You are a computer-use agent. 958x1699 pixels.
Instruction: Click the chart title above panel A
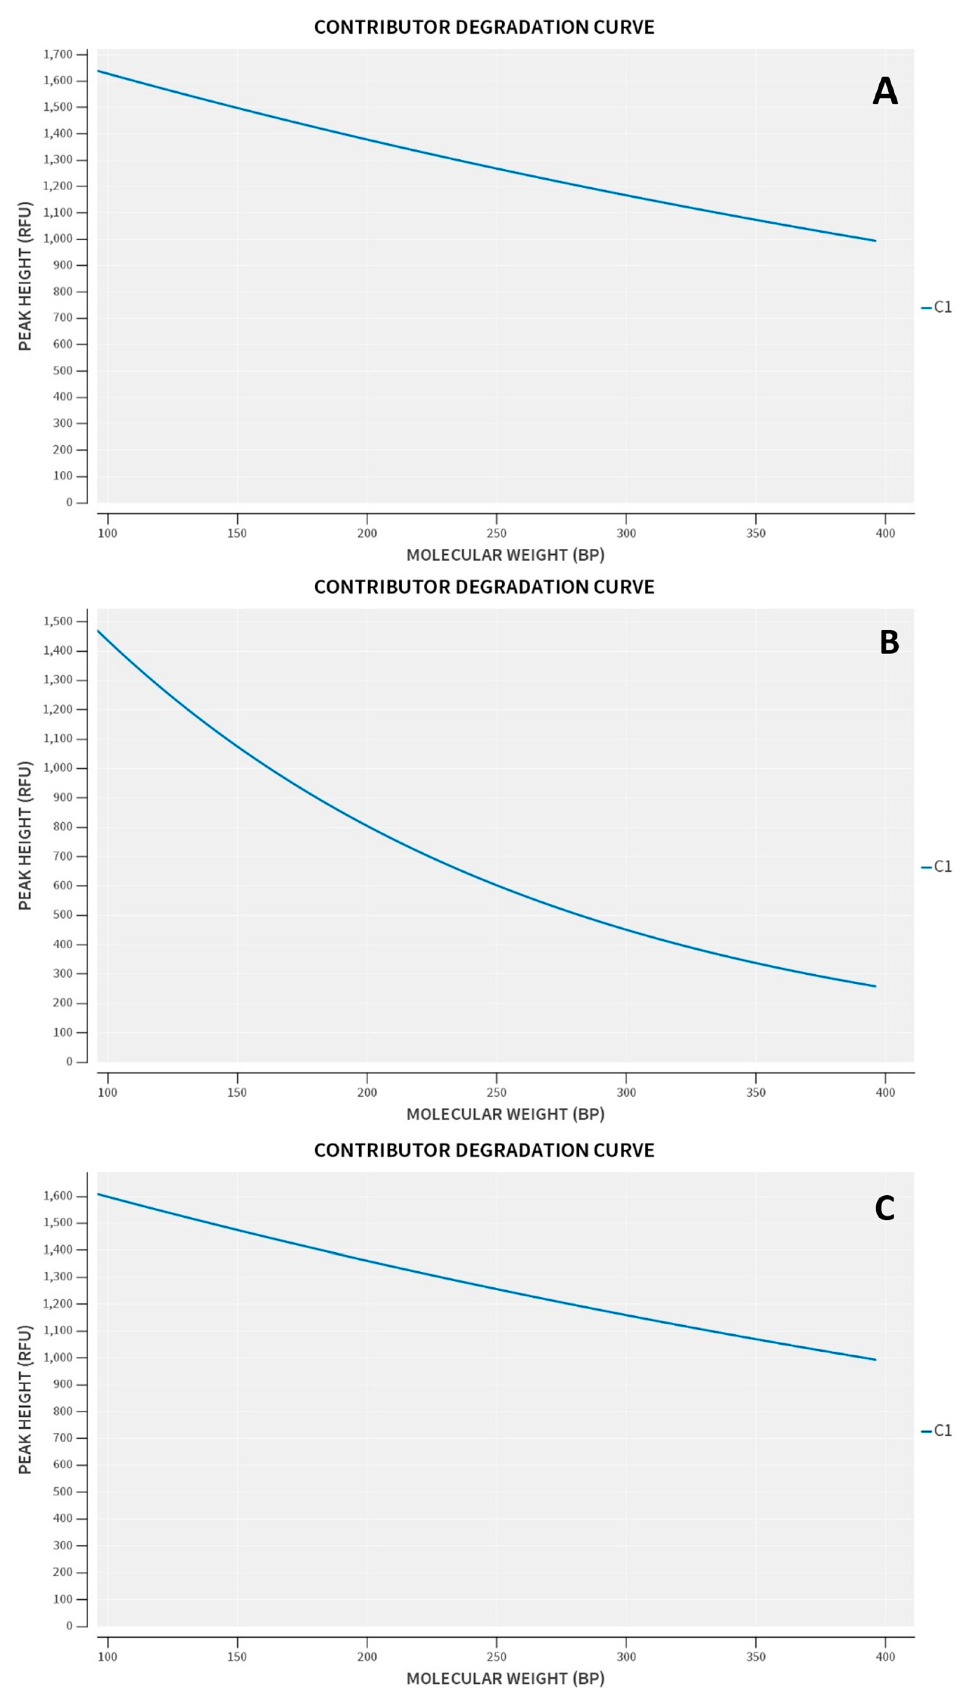point(484,27)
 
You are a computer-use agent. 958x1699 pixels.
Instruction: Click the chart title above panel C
point(484,1150)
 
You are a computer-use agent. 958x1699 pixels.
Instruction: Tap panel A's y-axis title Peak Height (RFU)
point(25,276)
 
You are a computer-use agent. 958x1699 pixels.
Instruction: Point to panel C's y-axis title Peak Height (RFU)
point(25,1399)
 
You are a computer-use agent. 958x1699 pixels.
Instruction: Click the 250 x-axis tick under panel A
point(496,533)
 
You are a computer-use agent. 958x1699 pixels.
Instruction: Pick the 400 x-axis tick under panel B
point(885,1092)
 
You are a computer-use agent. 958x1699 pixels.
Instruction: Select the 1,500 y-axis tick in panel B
point(58,621)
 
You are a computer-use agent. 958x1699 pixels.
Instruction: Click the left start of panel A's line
point(98,71)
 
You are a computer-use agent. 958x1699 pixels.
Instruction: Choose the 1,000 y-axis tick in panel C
point(58,1357)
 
